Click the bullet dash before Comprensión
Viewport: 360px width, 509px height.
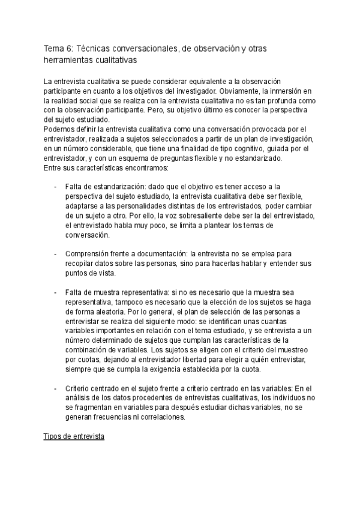(56, 254)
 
